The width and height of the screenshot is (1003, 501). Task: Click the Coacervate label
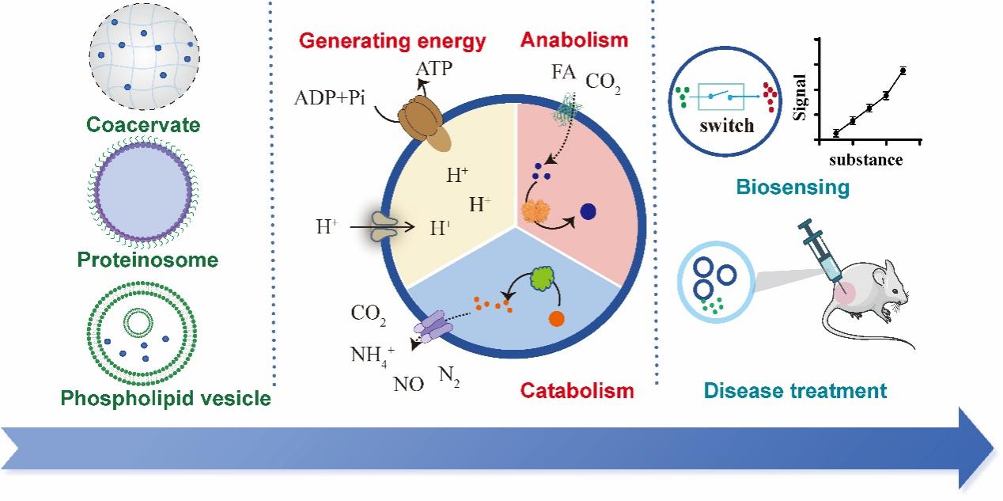[x=143, y=125]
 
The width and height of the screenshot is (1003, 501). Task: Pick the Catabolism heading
[x=577, y=389]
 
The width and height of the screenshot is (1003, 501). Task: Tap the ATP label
[x=435, y=69]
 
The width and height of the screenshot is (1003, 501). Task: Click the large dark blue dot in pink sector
[x=588, y=211]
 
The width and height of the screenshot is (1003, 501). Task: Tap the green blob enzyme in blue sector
[x=541, y=278]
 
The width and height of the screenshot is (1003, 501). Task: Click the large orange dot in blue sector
[x=556, y=320]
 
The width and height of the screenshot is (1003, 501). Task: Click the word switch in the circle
[x=727, y=125]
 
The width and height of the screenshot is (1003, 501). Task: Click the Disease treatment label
[x=795, y=389]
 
